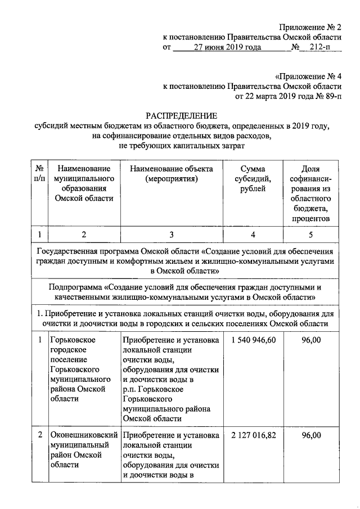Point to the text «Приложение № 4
[308, 75]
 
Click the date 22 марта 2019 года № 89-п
[288, 96]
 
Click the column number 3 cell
[171, 235]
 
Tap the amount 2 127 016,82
[254, 435]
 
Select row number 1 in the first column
[39, 341]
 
